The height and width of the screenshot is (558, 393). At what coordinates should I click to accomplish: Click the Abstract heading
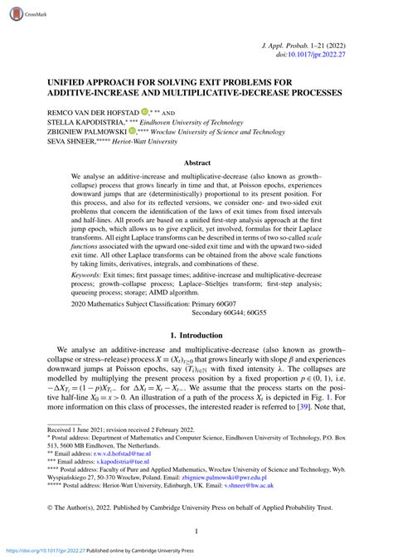[196, 164]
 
